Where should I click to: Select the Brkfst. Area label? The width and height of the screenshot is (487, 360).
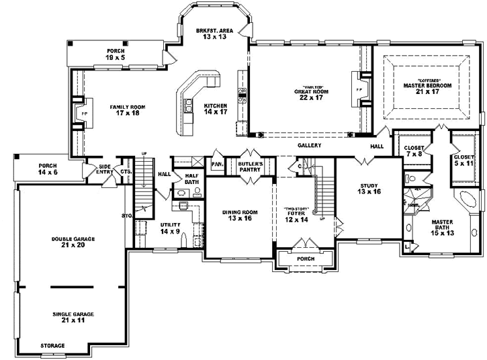214,34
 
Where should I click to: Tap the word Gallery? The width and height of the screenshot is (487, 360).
310,146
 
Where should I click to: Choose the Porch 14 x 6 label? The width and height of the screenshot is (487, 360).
47,169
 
